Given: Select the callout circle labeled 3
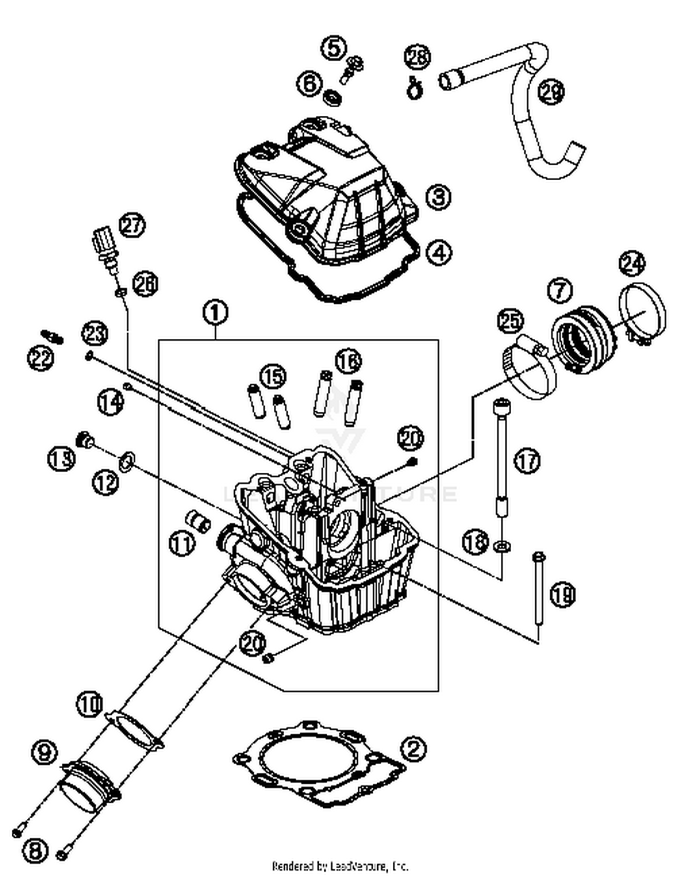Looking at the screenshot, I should tap(438, 197).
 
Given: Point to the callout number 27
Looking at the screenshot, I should tap(132, 226).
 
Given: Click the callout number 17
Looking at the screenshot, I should tap(527, 461).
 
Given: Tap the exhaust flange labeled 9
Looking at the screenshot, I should tap(90, 784).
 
